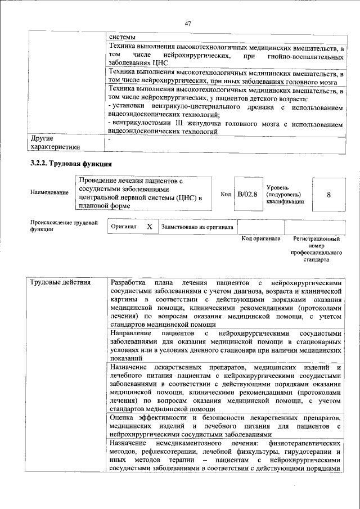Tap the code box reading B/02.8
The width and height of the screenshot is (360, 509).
[x=247, y=194]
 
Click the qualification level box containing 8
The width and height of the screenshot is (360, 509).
[x=328, y=194]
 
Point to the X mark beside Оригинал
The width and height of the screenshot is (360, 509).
[x=149, y=227]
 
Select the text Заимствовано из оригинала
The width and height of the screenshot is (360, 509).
[x=197, y=227]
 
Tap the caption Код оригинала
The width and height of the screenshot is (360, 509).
[x=260, y=238]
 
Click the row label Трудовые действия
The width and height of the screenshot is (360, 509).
[x=60, y=282]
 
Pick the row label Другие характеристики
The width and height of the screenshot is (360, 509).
[x=55, y=142]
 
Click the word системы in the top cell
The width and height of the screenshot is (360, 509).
[x=123, y=37]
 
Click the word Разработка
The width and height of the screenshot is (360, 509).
[x=129, y=282]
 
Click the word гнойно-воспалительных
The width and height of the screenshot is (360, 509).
[x=308, y=57]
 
